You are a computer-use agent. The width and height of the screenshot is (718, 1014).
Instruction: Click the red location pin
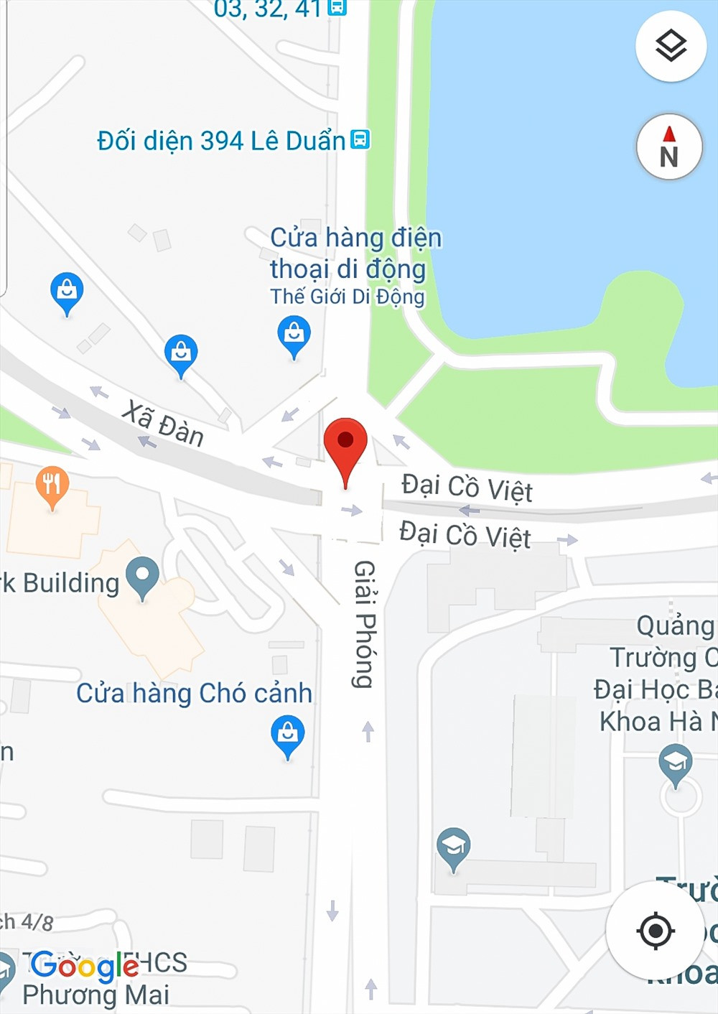pyautogui.click(x=345, y=445)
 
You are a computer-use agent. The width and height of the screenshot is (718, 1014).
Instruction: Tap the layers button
pyautogui.click(x=671, y=47)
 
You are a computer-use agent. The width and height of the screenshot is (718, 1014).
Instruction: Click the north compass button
pyautogui.click(x=669, y=147)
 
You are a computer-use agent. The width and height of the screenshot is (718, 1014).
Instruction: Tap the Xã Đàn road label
pyautogui.click(x=163, y=424)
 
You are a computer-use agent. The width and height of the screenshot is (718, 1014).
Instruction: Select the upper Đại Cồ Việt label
pyautogui.click(x=467, y=488)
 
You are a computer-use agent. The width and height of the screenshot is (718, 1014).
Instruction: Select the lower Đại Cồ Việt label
pyautogui.click(x=465, y=535)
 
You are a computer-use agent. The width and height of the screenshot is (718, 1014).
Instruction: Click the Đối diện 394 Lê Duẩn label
pyautogui.click(x=221, y=141)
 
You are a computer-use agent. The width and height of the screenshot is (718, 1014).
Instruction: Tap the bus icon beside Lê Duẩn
pyautogui.click(x=360, y=139)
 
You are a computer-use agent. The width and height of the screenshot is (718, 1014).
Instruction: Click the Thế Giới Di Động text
pyautogui.click(x=348, y=297)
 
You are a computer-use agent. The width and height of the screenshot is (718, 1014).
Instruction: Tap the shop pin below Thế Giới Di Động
pyautogui.click(x=294, y=335)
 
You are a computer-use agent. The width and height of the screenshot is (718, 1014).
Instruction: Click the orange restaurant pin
pyautogui.click(x=52, y=485)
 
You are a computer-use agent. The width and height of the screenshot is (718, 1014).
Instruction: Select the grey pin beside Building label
pyautogui.click(x=142, y=576)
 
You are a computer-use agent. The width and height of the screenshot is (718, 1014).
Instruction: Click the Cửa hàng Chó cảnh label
pyautogui.click(x=195, y=693)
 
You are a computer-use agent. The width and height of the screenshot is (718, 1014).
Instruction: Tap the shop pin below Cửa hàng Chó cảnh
pyautogui.click(x=287, y=734)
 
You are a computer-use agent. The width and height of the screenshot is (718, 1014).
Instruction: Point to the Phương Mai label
pyautogui.click(x=95, y=995)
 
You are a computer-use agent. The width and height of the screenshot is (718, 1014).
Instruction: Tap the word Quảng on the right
pyautogui.click(x=675, y=625)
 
